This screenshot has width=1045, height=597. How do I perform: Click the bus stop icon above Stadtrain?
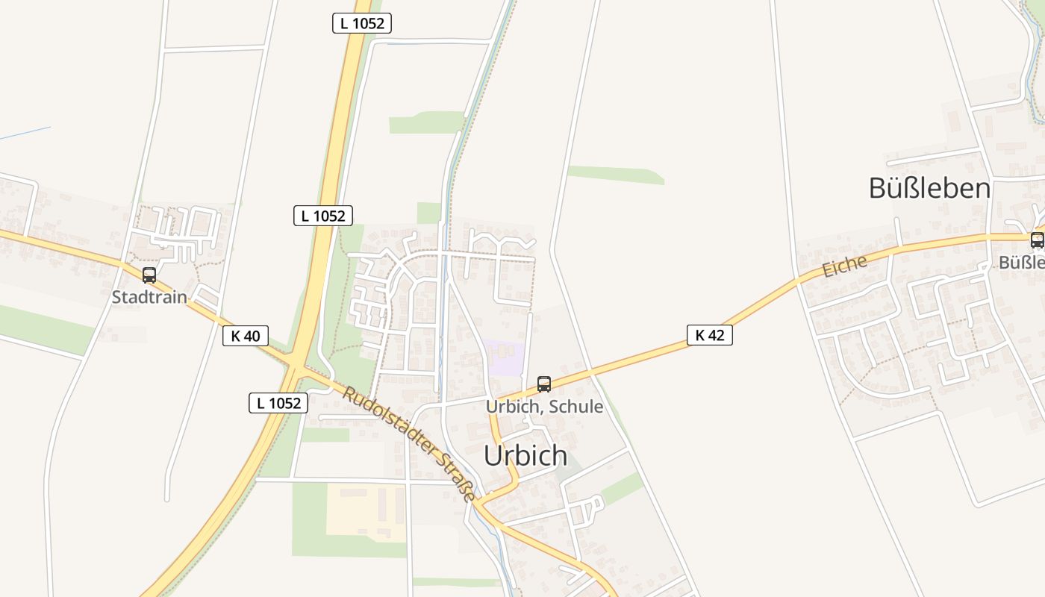pos(149,275)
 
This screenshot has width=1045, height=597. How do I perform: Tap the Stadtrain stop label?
pos(149,297)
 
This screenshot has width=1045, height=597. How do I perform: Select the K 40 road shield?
pos(246,336)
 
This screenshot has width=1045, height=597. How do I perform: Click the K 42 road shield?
pos(709,335)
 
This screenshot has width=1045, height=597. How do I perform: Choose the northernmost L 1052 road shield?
pos(362,23)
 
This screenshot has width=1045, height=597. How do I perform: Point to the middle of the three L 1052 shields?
pos(323,216)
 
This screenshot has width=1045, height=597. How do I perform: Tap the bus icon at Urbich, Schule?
pos(544,384)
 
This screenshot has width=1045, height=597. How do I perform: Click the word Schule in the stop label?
pos(573,407)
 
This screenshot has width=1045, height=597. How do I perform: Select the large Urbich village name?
pos(525,455)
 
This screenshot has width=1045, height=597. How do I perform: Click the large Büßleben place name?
pos(929,189)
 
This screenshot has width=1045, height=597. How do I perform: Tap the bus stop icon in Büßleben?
pos(1037,240)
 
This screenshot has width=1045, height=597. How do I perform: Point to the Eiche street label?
pos(845,266)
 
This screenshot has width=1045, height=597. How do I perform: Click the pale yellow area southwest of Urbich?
pos(366,510)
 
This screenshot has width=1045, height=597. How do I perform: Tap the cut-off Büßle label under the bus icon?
pos(1021,263)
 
